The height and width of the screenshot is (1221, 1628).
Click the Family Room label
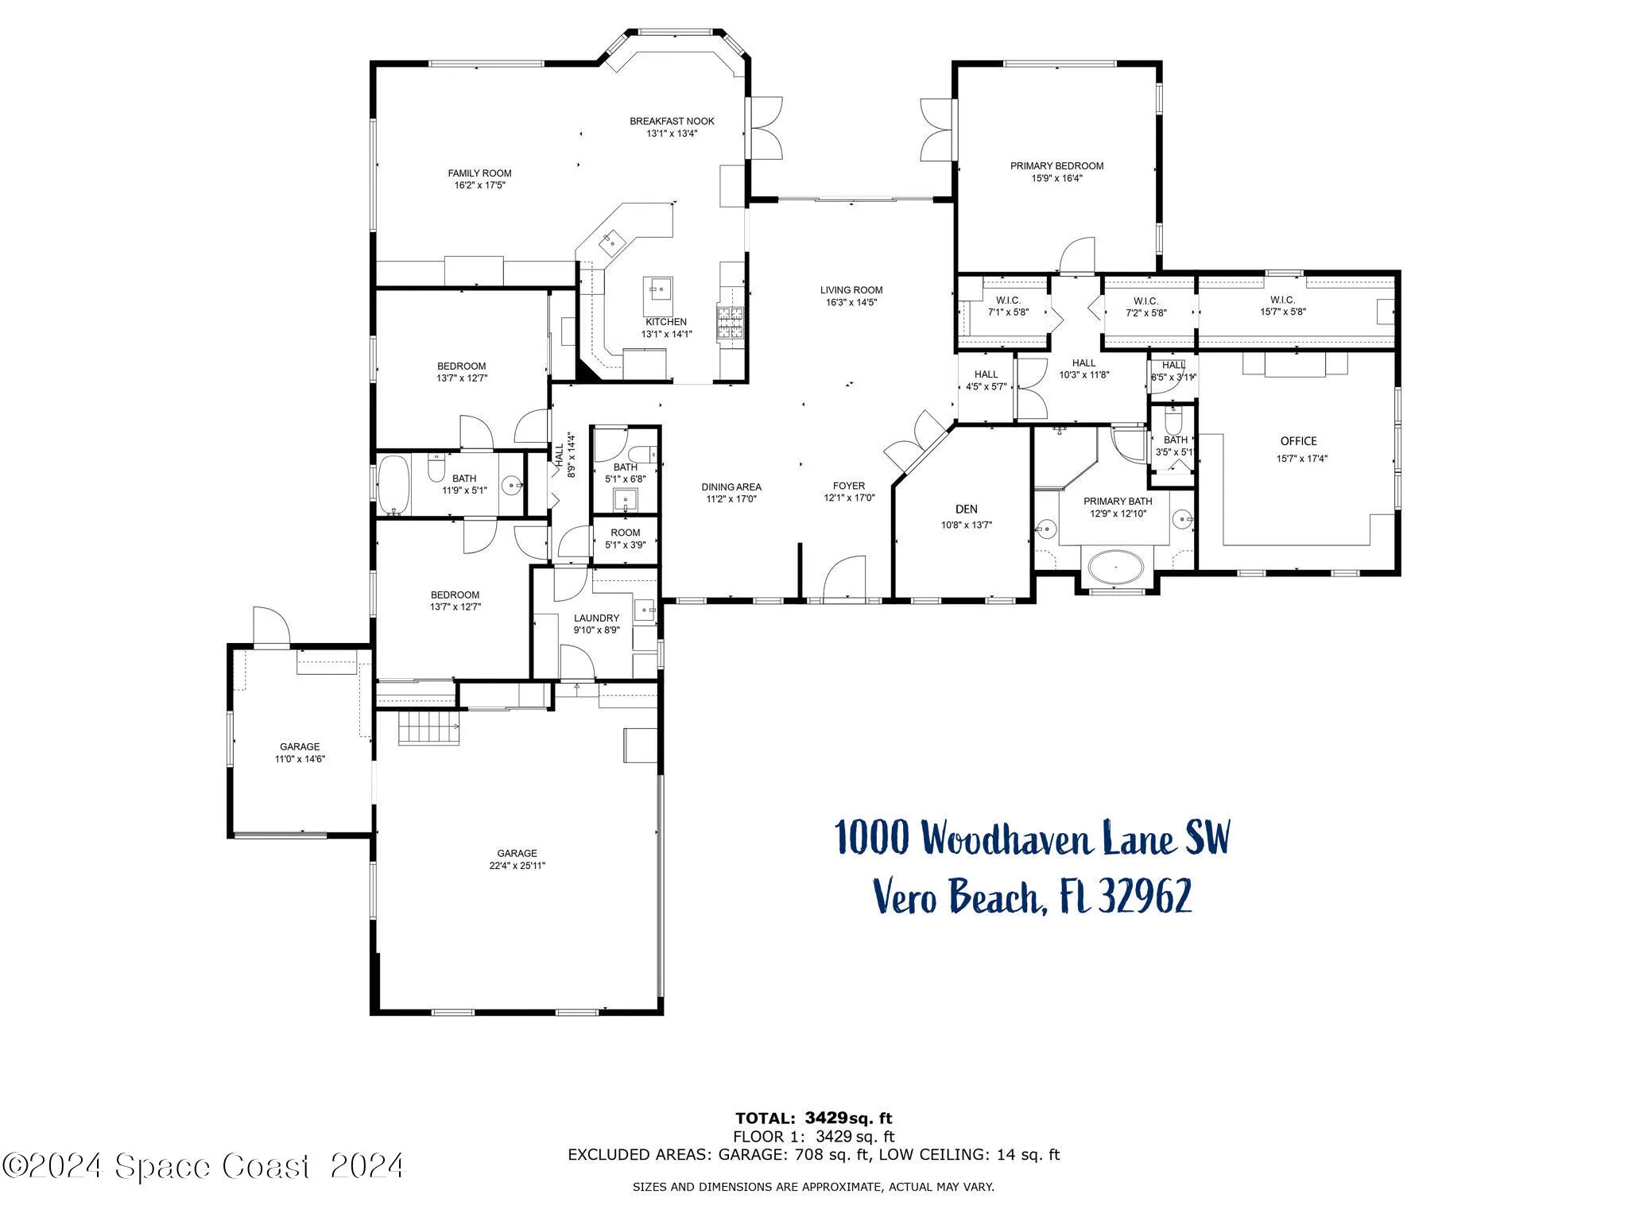(x=479, y=173)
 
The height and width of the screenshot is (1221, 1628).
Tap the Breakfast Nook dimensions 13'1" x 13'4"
(x=672, y=134)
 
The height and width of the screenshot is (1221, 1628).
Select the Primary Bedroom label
(x=1056, y=166)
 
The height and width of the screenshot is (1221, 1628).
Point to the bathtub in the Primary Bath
(x=1115, y=568)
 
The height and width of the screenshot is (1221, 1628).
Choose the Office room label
(x=1298, y=441)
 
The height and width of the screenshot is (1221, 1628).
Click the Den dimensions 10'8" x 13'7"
(x=967, y=525)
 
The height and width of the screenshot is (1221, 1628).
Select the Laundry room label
(x=596, y=618)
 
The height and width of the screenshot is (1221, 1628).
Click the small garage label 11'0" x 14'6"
(x=300, y=758)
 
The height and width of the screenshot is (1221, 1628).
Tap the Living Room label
(x=851, y=290)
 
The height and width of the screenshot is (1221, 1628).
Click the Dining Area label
(x=731, y=487)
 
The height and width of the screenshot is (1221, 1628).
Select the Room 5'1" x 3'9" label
(x=625, y=533)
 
